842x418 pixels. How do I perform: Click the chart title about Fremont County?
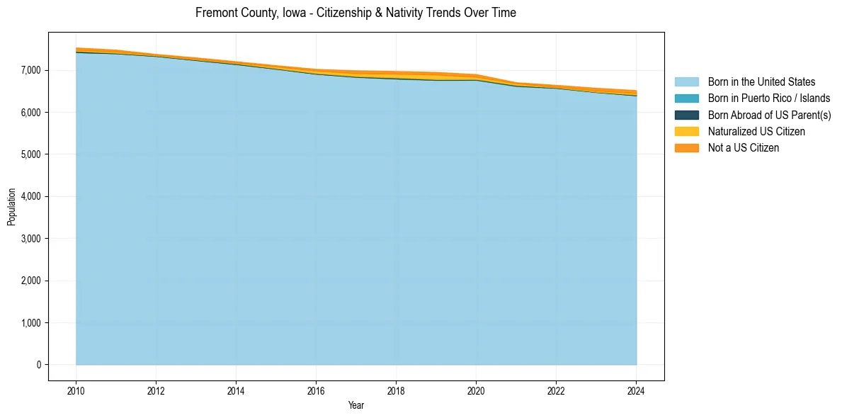click(355, 13)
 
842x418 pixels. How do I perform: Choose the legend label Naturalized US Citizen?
click(756, 132)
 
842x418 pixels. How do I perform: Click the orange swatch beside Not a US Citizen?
click(686, 148)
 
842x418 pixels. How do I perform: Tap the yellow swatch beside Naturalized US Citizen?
click(686, 132)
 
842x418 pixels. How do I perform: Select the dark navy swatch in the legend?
click(686, 115)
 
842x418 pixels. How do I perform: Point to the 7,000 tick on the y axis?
click(32, 70)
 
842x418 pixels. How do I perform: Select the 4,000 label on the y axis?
click(32, 196)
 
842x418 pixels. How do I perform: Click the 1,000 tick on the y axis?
click(32, 323)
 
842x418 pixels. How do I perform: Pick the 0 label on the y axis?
click(38, 365)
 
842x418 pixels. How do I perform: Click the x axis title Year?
click(356, 405)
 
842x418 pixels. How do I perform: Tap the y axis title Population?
click(11, 206)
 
